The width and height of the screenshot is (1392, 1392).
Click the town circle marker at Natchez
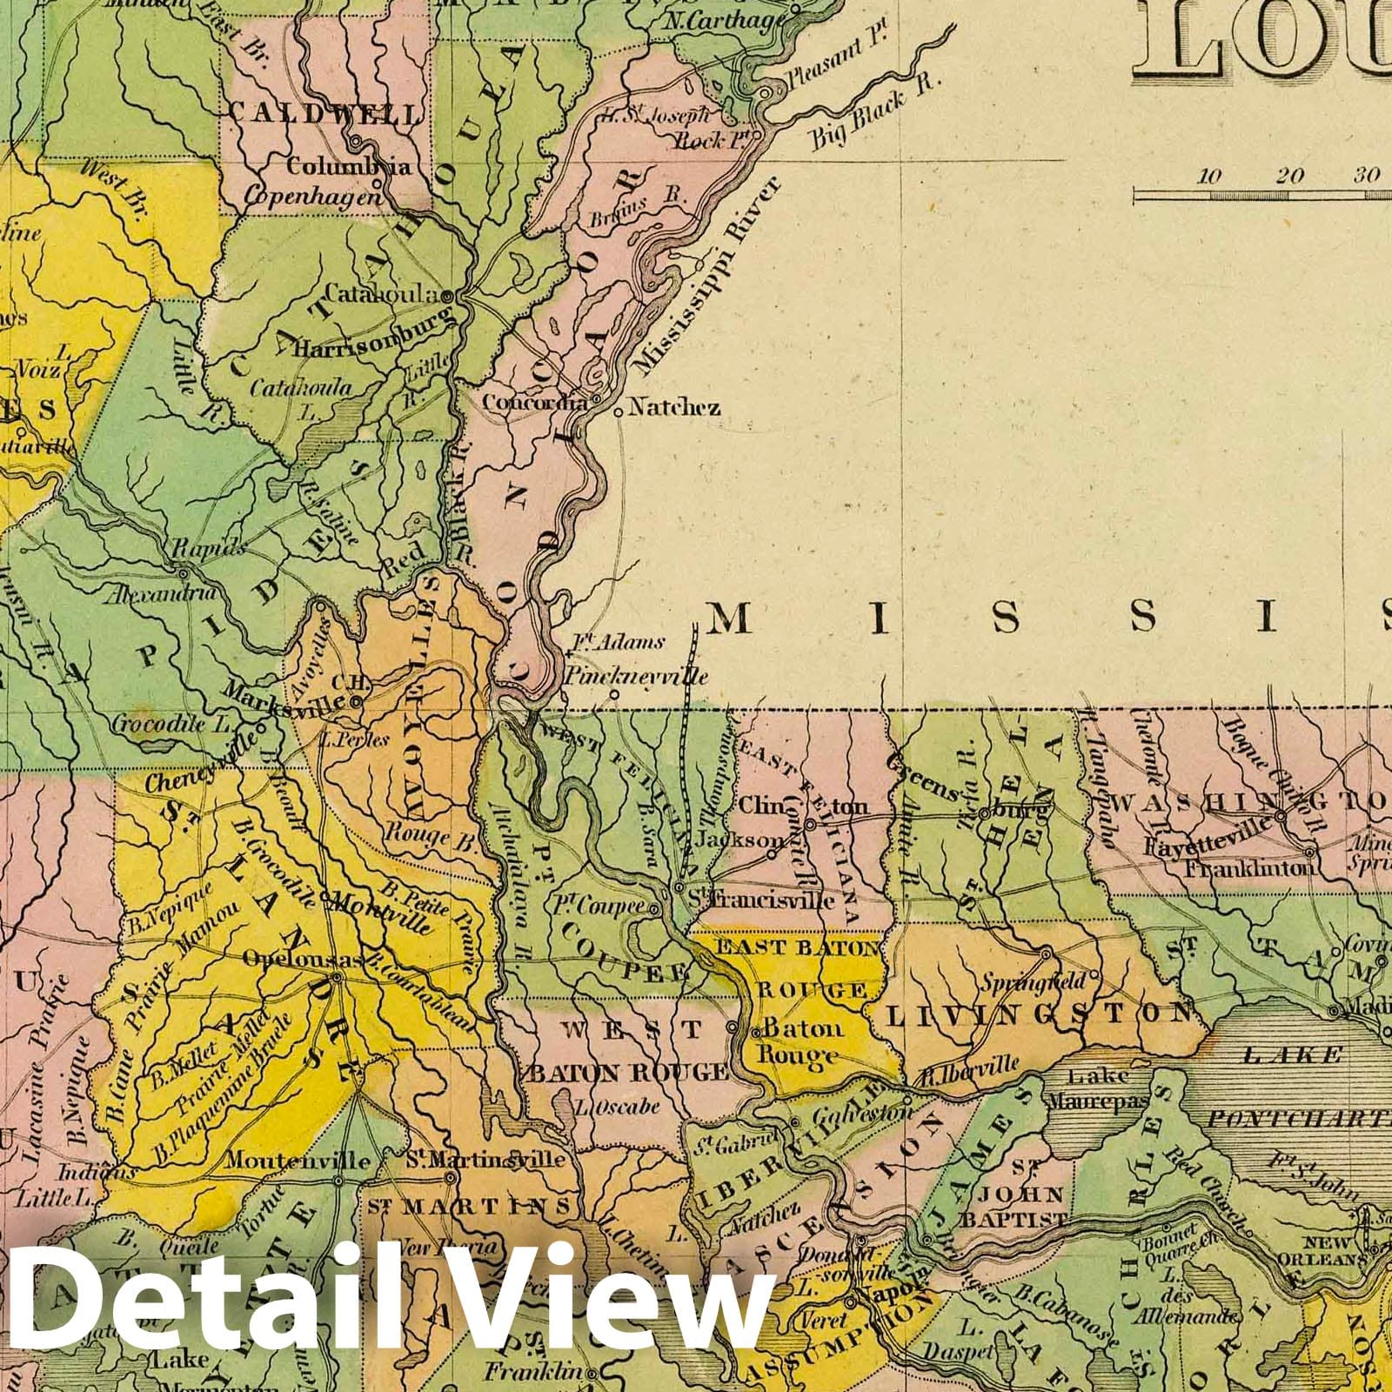pos(618,412)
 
